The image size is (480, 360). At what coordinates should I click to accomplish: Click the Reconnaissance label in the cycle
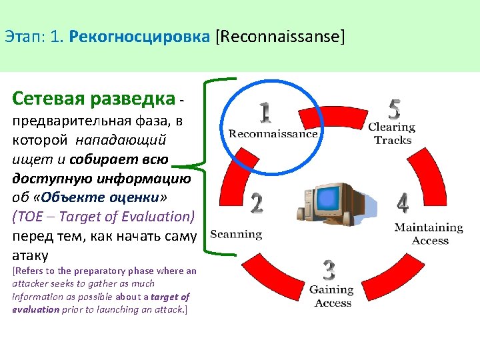(x=273, y=133)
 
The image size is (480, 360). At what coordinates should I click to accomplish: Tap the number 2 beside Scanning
(x=256, y=204)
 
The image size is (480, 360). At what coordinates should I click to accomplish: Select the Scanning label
(x=236, y=234)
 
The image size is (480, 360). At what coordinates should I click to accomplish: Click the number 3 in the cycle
(x=329, y=270)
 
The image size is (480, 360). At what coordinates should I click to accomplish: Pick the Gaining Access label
(x=332, y=296)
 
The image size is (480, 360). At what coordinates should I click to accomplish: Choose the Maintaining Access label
(x=429, y=233)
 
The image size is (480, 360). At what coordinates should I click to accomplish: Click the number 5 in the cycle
(x=395, y=108)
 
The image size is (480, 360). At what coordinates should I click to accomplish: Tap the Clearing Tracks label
(x=392, y=133)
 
